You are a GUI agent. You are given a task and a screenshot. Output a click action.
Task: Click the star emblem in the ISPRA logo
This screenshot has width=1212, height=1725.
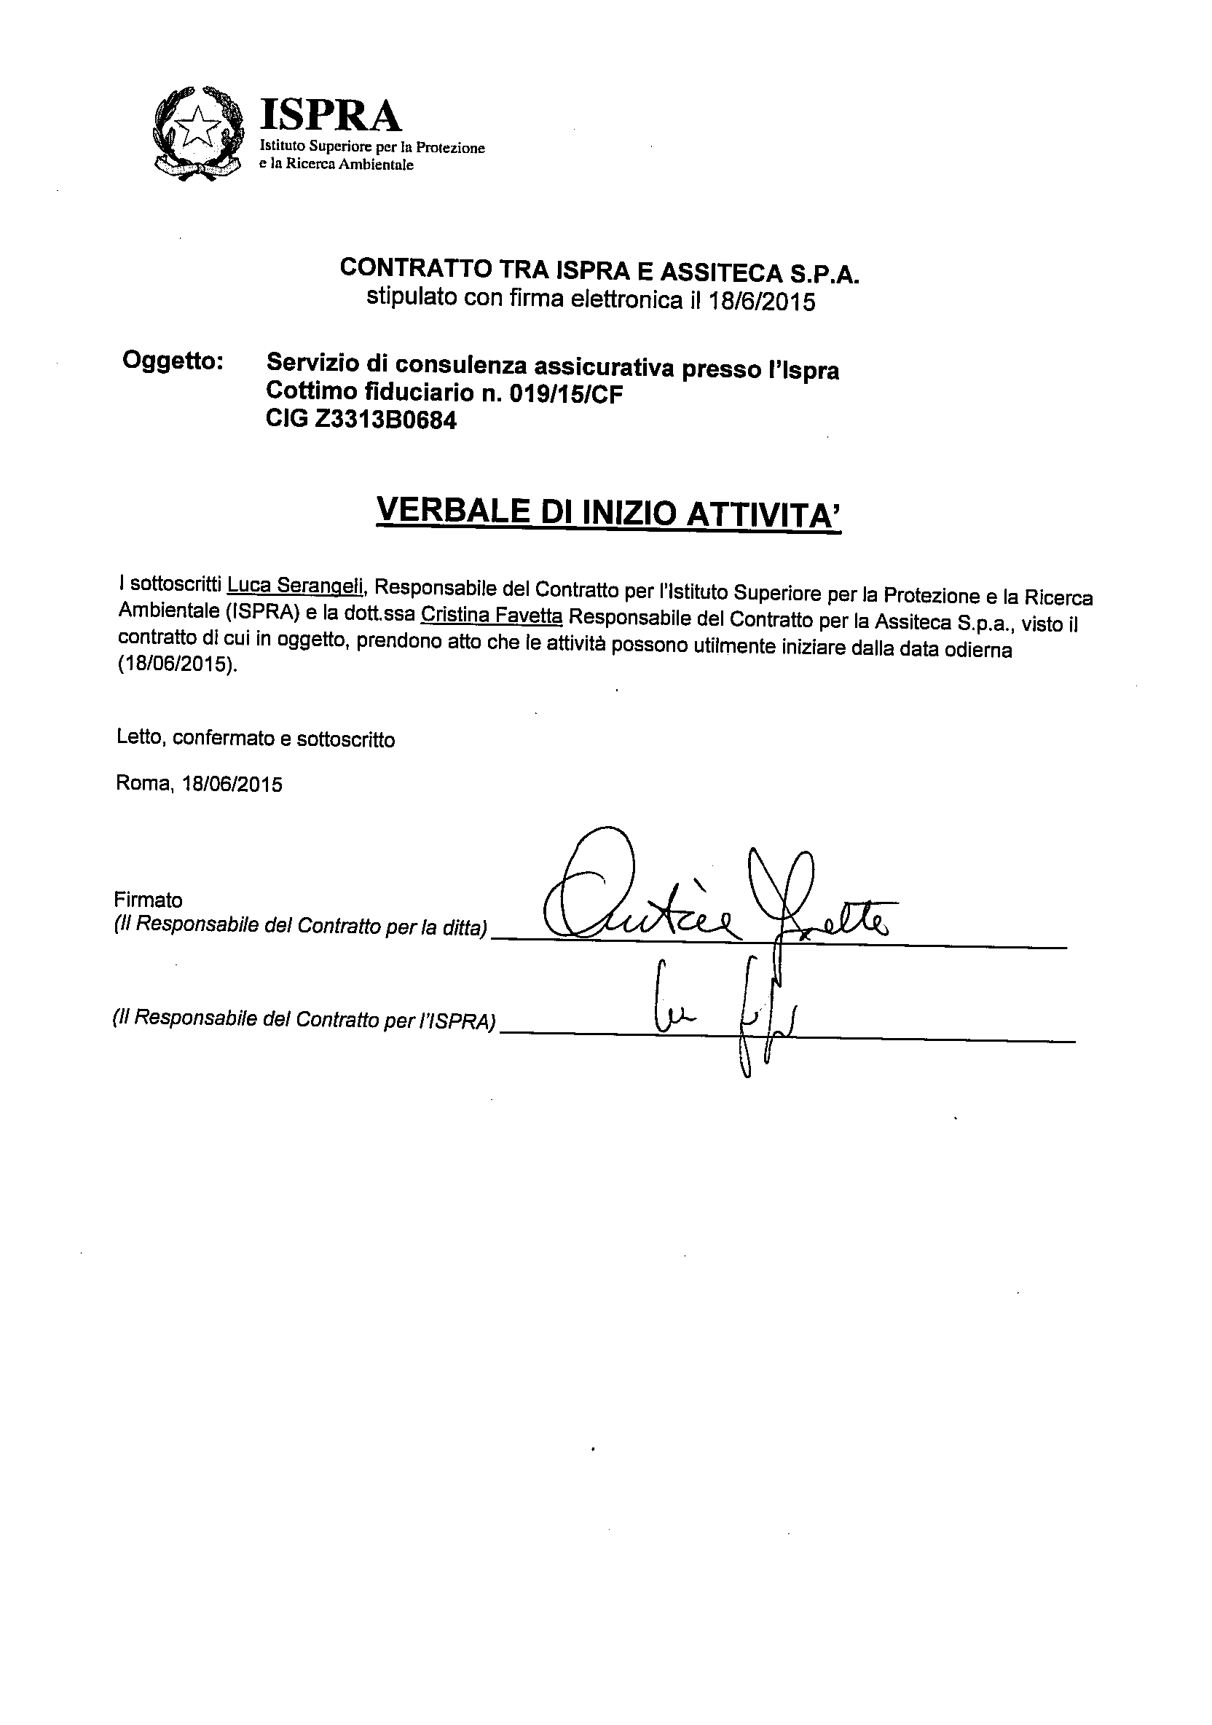198,125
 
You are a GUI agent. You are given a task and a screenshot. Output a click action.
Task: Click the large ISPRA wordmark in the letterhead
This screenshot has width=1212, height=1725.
331,116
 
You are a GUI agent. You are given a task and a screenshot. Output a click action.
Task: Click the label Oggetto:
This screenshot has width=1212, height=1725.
172,361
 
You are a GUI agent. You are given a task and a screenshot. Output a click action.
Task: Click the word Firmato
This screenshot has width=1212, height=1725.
148,900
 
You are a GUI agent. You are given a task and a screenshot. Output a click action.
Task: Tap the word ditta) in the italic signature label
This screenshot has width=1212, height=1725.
465,929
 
